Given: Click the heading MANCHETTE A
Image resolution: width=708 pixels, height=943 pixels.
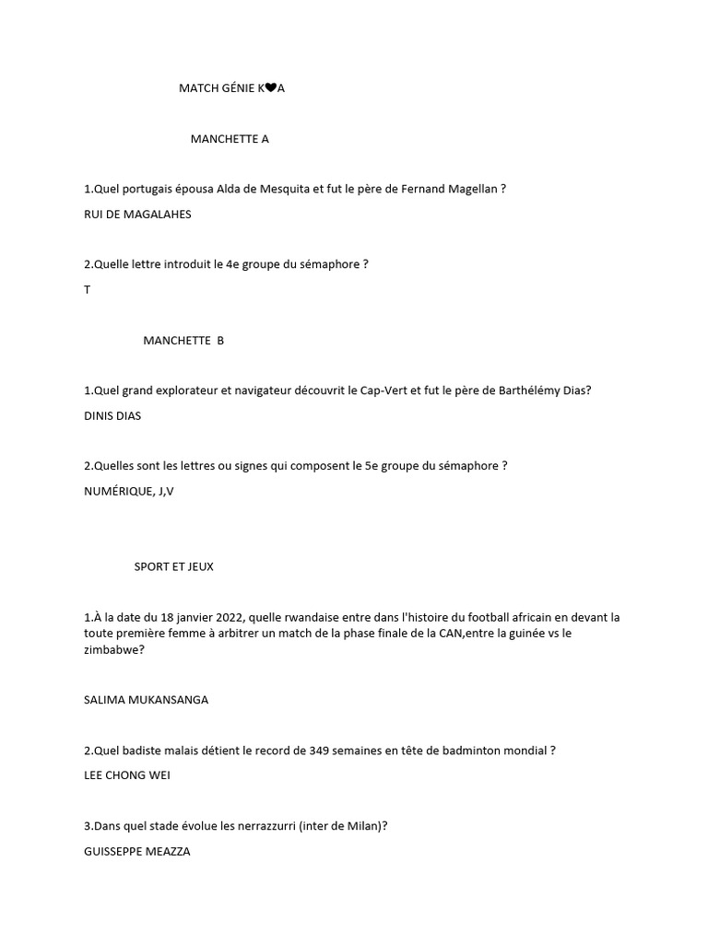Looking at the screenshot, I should pyautogui.click(x=230, y=139).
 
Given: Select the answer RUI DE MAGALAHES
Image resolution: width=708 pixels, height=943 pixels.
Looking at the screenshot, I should pyautogui.click(x=137, y=214).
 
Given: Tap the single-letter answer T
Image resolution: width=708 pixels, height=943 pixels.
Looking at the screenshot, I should pyautogui.click(x=87, y=289).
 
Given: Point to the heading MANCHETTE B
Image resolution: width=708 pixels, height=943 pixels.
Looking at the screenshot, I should pyautogui.click(x=183, y=340).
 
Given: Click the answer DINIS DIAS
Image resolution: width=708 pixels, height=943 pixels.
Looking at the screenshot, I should pyautogui.click(x=112, y=415).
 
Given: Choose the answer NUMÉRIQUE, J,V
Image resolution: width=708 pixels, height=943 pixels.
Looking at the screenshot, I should pyautogui.click(x=128, y=491).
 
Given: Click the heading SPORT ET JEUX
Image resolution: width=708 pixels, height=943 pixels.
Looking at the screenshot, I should pyautogui.click(x=173, y=566).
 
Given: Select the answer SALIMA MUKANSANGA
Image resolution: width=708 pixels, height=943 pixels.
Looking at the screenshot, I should pyautogui.click(x=146, y=699).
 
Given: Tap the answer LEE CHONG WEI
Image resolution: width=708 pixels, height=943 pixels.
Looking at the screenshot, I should pyautogui.click(x=126, y=774).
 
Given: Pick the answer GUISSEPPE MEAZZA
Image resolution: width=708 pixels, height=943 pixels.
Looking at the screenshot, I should pyautogui.click(x=136, y=852).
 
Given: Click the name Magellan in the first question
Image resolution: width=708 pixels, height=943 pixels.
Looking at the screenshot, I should pyautogui.click(x=474, y=189).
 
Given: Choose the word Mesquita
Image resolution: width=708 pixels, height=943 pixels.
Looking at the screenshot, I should pyautogui.click(x=285, y=189).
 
